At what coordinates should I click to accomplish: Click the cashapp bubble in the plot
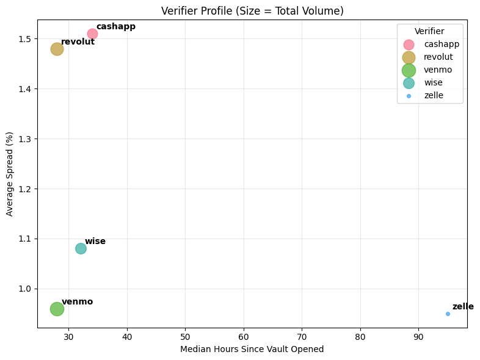(x=92, y=34)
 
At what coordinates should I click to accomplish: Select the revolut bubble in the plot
(x=57, y=49)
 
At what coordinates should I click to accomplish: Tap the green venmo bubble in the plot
(x=57, y=309)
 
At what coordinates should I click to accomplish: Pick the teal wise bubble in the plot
(x=81, y=248)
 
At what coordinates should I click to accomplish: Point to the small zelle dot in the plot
(x=448, y=314)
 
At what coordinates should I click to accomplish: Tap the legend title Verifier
(x=429, y=31)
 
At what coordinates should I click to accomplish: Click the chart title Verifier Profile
(x=252, y=11)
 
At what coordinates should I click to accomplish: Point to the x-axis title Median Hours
(x=252, y=349)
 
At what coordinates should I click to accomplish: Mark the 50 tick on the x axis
(x=185, y=336)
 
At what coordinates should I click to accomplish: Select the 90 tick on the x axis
(x=418, y=336)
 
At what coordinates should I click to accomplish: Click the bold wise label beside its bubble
(x=95, y=242)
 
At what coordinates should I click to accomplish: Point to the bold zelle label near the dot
(x=463, y=306)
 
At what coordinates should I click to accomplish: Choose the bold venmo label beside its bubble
(x=77, y=301)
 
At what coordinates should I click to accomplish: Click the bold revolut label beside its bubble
(x=78, y=41)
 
